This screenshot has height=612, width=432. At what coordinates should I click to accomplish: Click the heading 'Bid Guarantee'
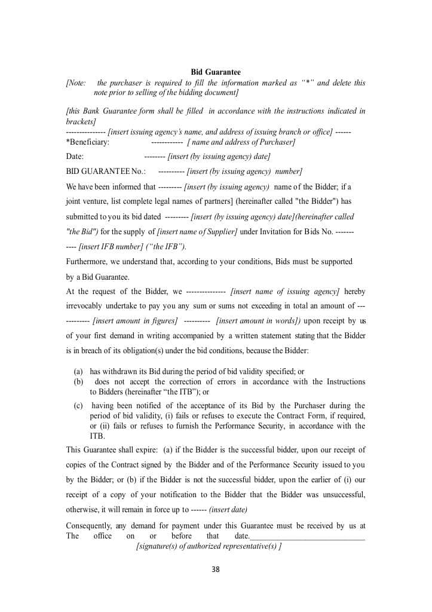point(216,72)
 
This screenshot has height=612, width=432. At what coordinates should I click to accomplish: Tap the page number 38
point(216,570)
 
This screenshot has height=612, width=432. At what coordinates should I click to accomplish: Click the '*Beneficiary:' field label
point(87,142)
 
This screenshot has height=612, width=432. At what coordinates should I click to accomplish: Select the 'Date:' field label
point(75,157)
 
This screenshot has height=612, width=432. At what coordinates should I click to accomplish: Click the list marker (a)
point(78,372)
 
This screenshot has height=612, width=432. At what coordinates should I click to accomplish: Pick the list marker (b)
point(78,381)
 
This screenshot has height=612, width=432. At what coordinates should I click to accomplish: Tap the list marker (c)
point(78,406)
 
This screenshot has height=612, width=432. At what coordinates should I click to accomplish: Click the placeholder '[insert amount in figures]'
point(135,321)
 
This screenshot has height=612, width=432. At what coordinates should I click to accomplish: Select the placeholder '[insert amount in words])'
point(259,321)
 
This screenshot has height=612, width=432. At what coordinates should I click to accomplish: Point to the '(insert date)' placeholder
point(228,510)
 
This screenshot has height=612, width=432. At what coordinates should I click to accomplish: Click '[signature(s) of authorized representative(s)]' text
point(209,546)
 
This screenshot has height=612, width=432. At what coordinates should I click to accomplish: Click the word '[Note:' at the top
point(76,83)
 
